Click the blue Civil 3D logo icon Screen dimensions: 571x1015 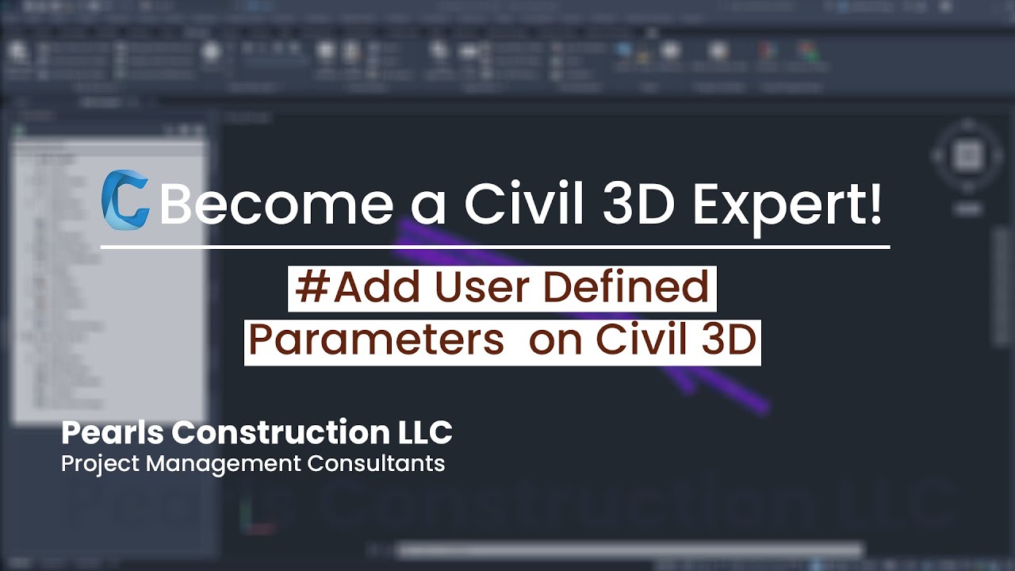coord(125,200)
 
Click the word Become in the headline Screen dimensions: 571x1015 coord(277,205)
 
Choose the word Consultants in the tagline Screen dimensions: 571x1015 coord(376,463)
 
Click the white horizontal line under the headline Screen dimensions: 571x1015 coord(495,247)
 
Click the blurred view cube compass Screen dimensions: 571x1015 coord(967,155)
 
